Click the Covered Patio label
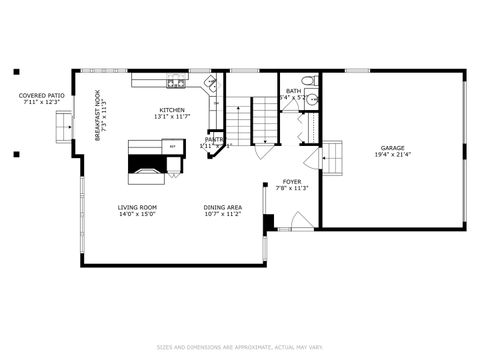coord(40,96)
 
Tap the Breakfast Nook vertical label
coord(98,116)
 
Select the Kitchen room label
coord(172,110)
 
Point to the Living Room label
coord(136,207)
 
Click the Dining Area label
coord(222,207)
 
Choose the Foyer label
coord(292,182)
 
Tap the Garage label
coord(392,147)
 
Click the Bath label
coord(293,91)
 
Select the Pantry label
coord(214,140)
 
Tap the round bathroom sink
coord(313,99)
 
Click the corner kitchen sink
coord(211,84)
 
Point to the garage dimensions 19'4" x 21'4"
coord(392,155)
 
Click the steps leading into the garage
coord(332,153)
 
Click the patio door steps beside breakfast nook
coord(66,127)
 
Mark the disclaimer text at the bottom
coord(240,347)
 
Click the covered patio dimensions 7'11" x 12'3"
coord(40,103)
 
